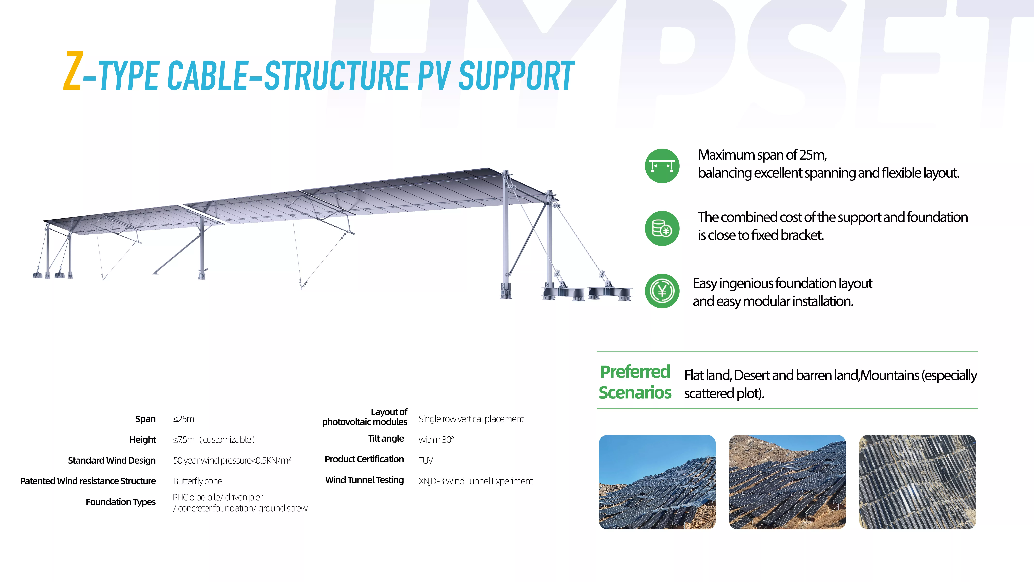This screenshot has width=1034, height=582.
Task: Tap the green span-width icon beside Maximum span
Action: click(x=662, y=166)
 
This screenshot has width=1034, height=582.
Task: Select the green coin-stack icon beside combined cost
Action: click(x=662, y=228)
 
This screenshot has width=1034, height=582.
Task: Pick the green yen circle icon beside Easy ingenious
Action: click(x=662, y=291)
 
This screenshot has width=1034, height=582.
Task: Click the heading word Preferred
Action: click(x=635, y=372)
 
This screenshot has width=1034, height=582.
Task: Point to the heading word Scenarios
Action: click(x=635, y=392)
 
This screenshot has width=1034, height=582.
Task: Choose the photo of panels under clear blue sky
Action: click(x=657, y=482)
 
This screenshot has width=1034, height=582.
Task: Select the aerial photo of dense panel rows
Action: click(x=917, y=482)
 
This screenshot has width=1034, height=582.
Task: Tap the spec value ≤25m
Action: click(x=183, y=419)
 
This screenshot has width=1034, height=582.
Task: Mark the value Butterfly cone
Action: click(x=197, y=481)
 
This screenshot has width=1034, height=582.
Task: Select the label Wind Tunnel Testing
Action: click(x=364, y=480)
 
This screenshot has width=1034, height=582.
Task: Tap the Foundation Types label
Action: click(x=120, y=502)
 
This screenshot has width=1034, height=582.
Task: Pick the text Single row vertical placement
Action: click(x=471, y=419)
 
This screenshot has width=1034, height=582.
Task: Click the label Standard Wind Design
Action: click(x=112, y=460)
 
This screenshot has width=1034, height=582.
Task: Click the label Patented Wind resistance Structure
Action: click(x=88, y=481)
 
